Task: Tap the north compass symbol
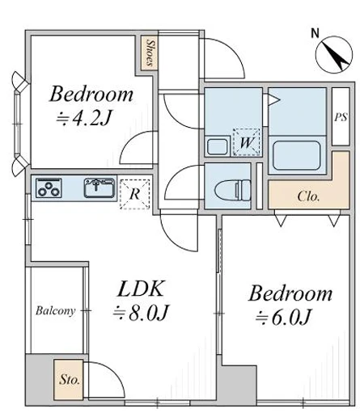point(334,55)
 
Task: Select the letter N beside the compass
point(315,33)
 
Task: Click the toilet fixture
point(232,190)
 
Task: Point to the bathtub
point(297,155)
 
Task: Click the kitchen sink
point(100,188)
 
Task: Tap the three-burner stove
point(49,188)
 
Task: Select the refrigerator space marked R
point(134,194)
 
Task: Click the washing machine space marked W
point(247,142)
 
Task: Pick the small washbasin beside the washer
point(217,146)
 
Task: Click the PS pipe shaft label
point(341,117)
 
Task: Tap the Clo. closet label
point(308,196)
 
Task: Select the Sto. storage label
point(70,380)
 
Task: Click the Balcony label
point(55,311)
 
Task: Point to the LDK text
point(141,289)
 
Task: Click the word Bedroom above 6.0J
point(290,293)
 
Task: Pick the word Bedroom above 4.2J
point(91,94)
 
